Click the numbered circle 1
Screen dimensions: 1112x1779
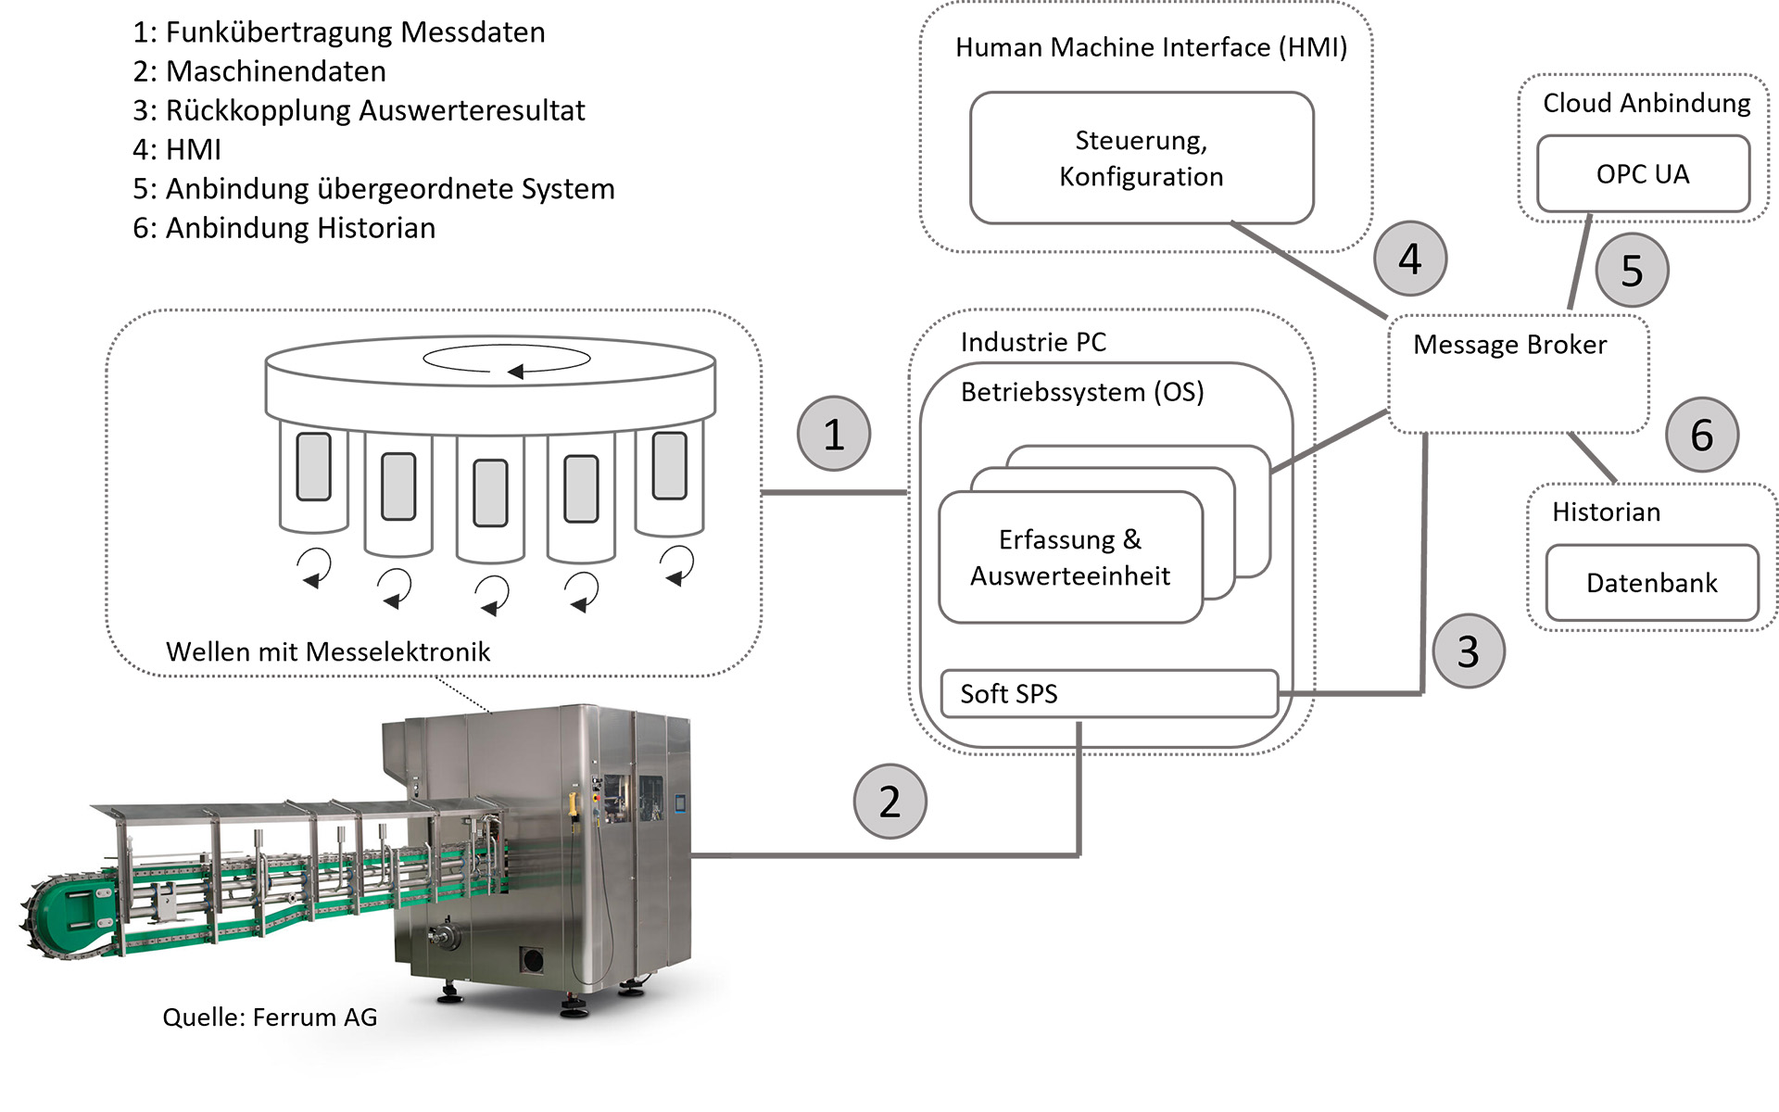[834, 434]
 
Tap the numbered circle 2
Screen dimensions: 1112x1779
[889, 802]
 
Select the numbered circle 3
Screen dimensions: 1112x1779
[1469, 651]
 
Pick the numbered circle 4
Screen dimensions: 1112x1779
[1409, 259]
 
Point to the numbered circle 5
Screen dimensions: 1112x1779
[1632, 271]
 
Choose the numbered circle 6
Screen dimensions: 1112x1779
[1702, 435]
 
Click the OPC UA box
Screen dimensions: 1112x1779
[1643, 174]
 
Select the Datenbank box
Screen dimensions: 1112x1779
[1652, 583]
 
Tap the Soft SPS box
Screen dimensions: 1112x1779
[1109, 694]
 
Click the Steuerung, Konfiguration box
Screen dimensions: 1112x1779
[1142, 158]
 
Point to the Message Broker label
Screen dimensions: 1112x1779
[1509, 345]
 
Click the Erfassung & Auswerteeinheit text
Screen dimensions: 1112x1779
[1070, 558]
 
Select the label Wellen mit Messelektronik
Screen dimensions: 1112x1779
[328, 651]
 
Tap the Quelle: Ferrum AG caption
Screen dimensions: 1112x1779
[270, 1017]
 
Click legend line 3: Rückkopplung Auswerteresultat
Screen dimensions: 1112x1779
[359, 110]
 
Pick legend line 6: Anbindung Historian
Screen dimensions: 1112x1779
[284, 228]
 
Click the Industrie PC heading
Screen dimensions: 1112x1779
[1033, 342]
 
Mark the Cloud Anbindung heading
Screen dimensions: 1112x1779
[1647, 103]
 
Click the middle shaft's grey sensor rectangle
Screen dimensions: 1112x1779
[490, 492]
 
